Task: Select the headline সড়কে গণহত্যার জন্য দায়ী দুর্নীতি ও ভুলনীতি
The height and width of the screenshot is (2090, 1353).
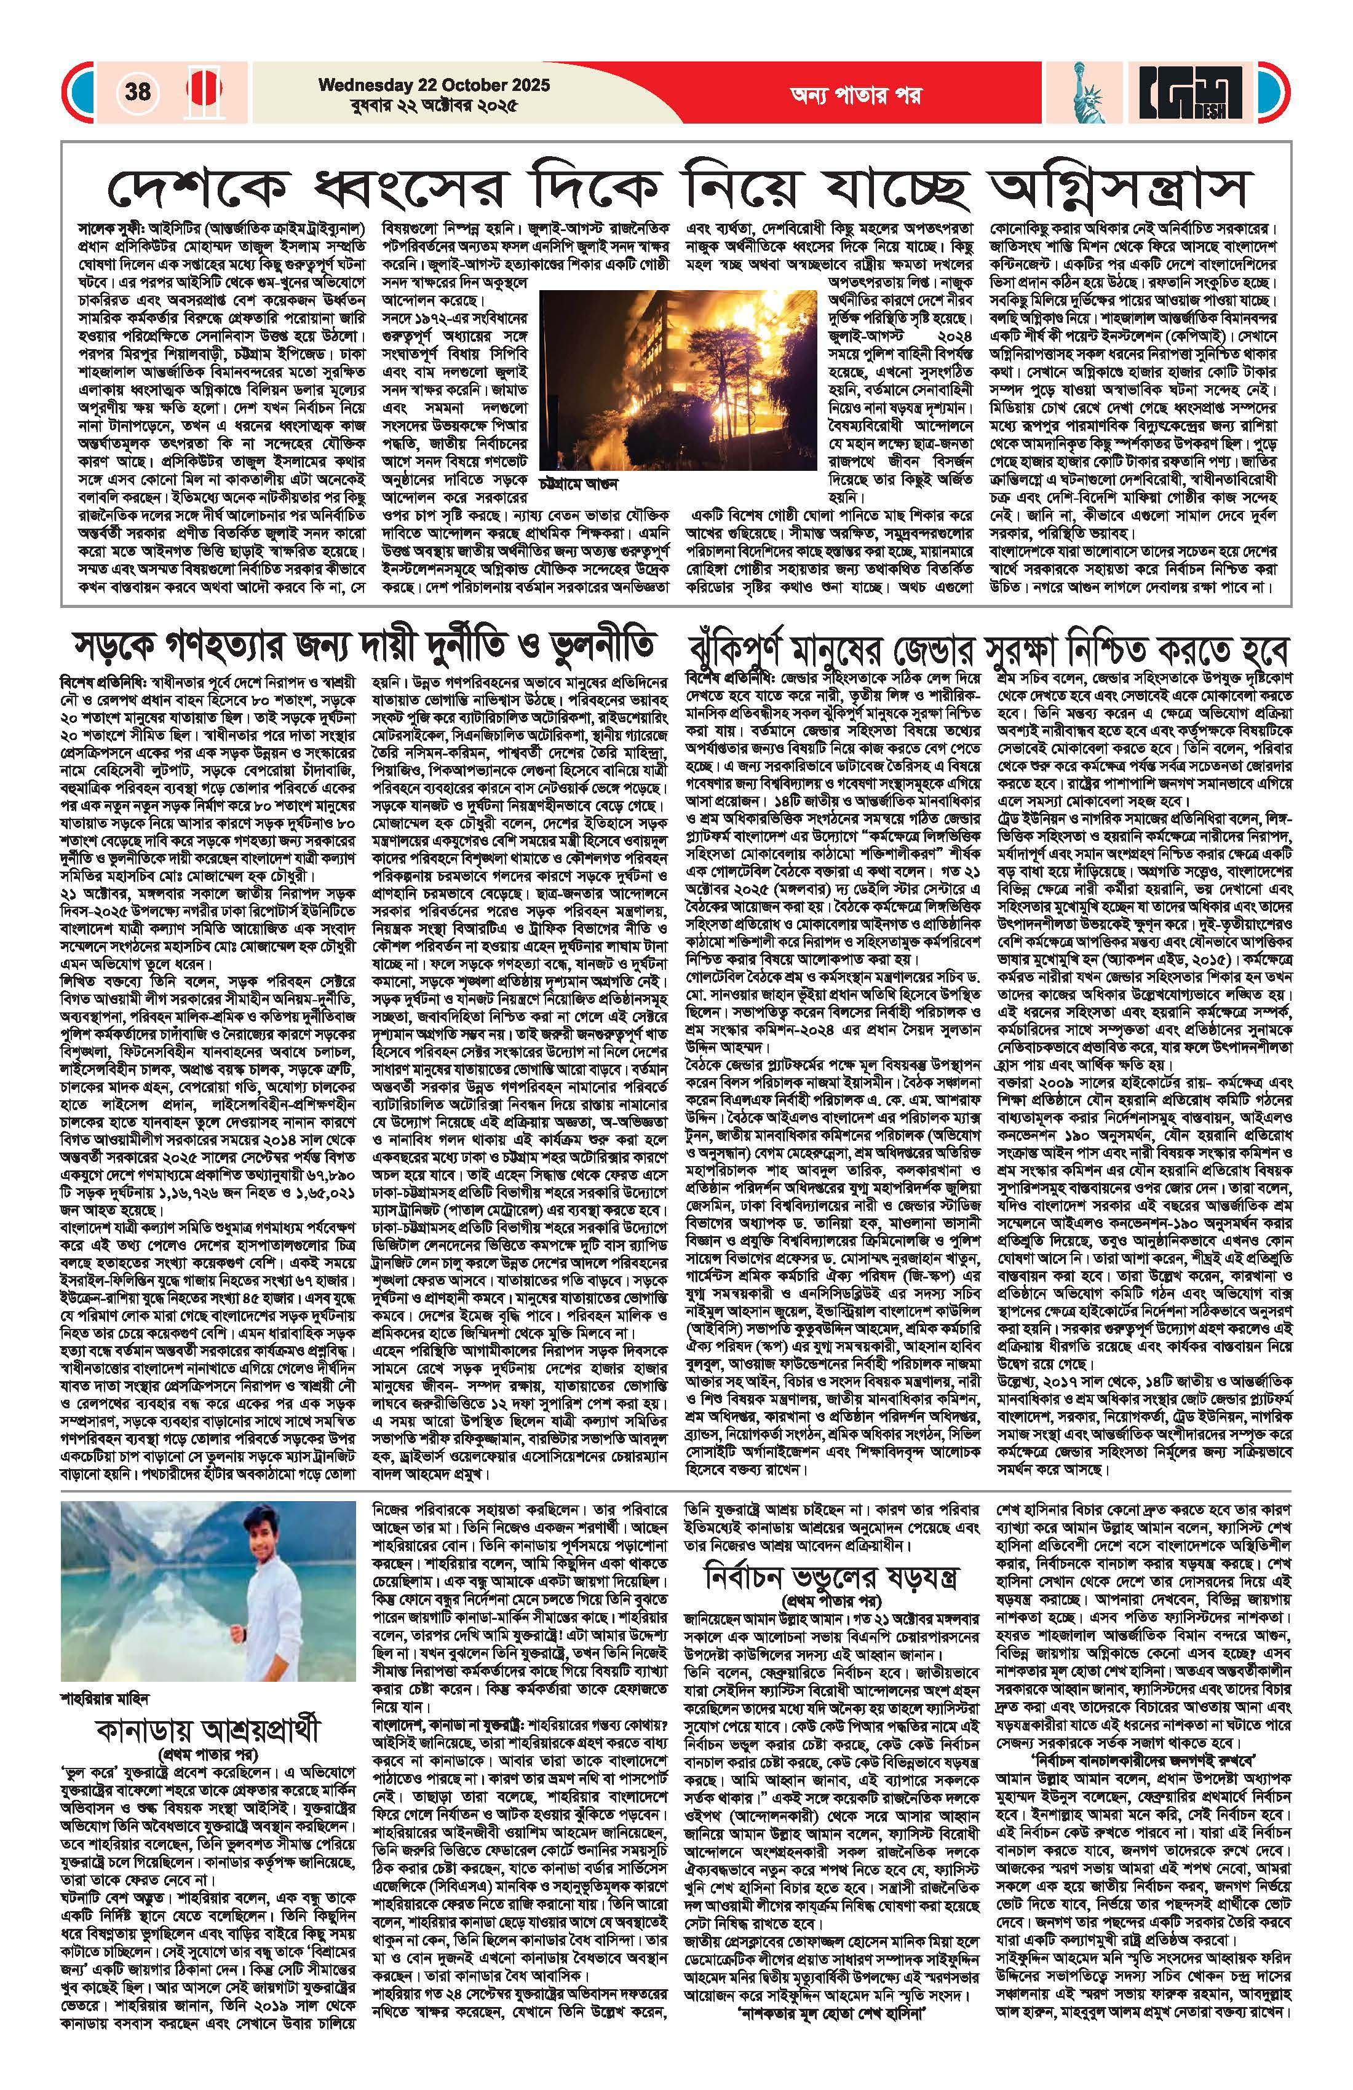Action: tap(363, 647)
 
